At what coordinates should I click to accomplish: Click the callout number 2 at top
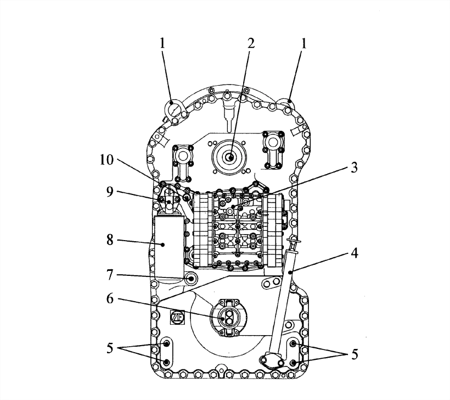point(251,43)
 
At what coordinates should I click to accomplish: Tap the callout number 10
point(107,160)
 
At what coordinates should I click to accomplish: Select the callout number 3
point(355,168)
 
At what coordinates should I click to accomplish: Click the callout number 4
point(355,253)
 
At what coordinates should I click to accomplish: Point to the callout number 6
point(110,299)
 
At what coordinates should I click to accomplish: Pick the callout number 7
point(110,275)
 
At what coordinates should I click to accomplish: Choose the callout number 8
point(110,240)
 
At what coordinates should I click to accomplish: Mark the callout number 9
point(110,192)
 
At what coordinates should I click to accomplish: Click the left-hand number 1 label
point(163,43)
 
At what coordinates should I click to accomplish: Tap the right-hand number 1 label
point(303,43)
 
